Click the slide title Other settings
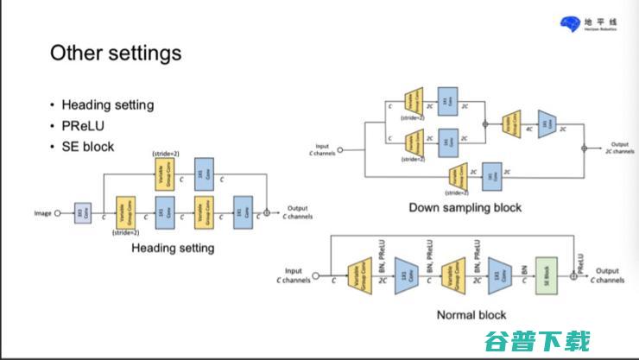coord(116,53)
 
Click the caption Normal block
coord(471,315)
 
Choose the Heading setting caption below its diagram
coord(173,248)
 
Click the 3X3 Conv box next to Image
coord(82,212)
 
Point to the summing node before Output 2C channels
coord(584,148)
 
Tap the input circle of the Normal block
coord(314,276)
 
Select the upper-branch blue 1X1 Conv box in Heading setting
coord(204,174)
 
